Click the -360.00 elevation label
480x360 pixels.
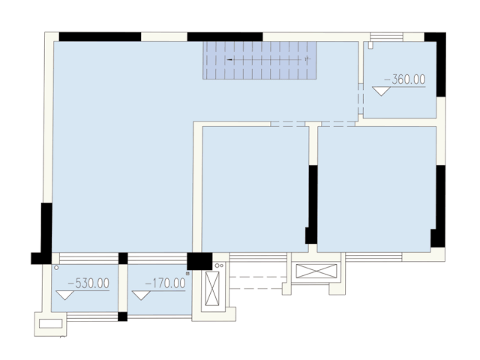404,78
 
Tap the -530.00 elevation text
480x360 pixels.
88,283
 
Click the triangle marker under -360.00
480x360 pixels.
382,91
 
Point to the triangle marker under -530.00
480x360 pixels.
66,295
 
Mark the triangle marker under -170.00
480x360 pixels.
141,295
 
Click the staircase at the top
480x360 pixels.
259,59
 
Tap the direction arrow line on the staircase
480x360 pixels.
266,58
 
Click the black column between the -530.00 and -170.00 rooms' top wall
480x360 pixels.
123,259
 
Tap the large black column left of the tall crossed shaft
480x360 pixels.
199,261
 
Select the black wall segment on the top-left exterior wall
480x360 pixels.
100,36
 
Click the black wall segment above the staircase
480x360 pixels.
224,36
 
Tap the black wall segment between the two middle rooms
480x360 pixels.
312,202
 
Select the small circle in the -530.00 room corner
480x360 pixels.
56,267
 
